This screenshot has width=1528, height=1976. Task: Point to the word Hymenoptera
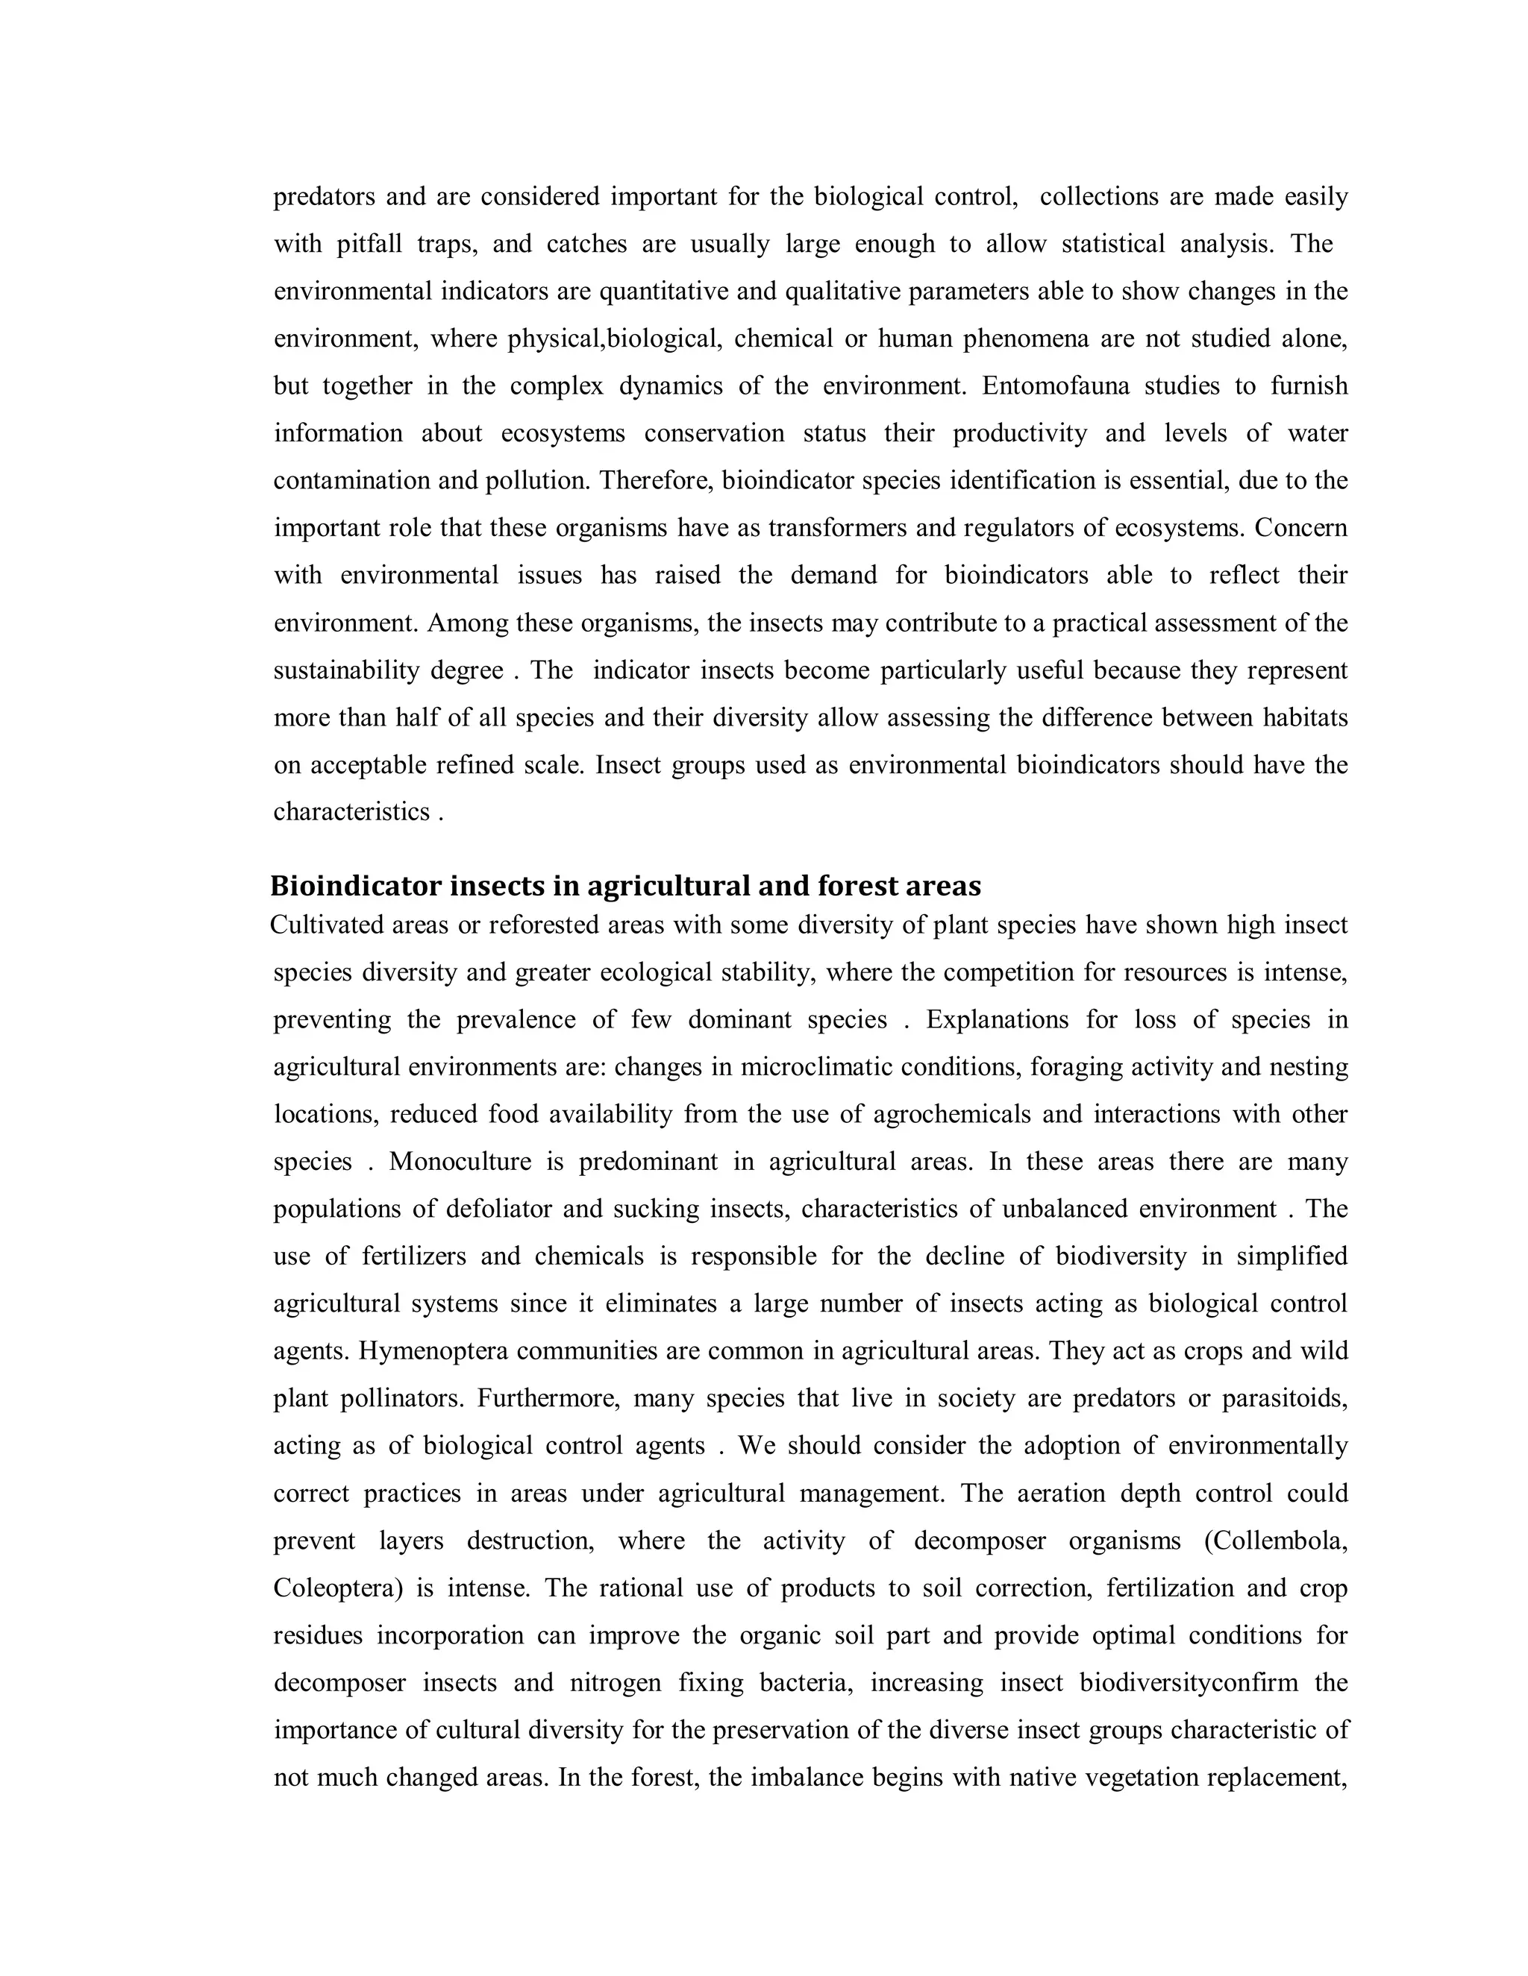tap(433, 1351)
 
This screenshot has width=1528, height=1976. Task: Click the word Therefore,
tap(657, 480)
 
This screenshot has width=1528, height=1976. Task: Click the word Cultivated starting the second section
tap(331, 925)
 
